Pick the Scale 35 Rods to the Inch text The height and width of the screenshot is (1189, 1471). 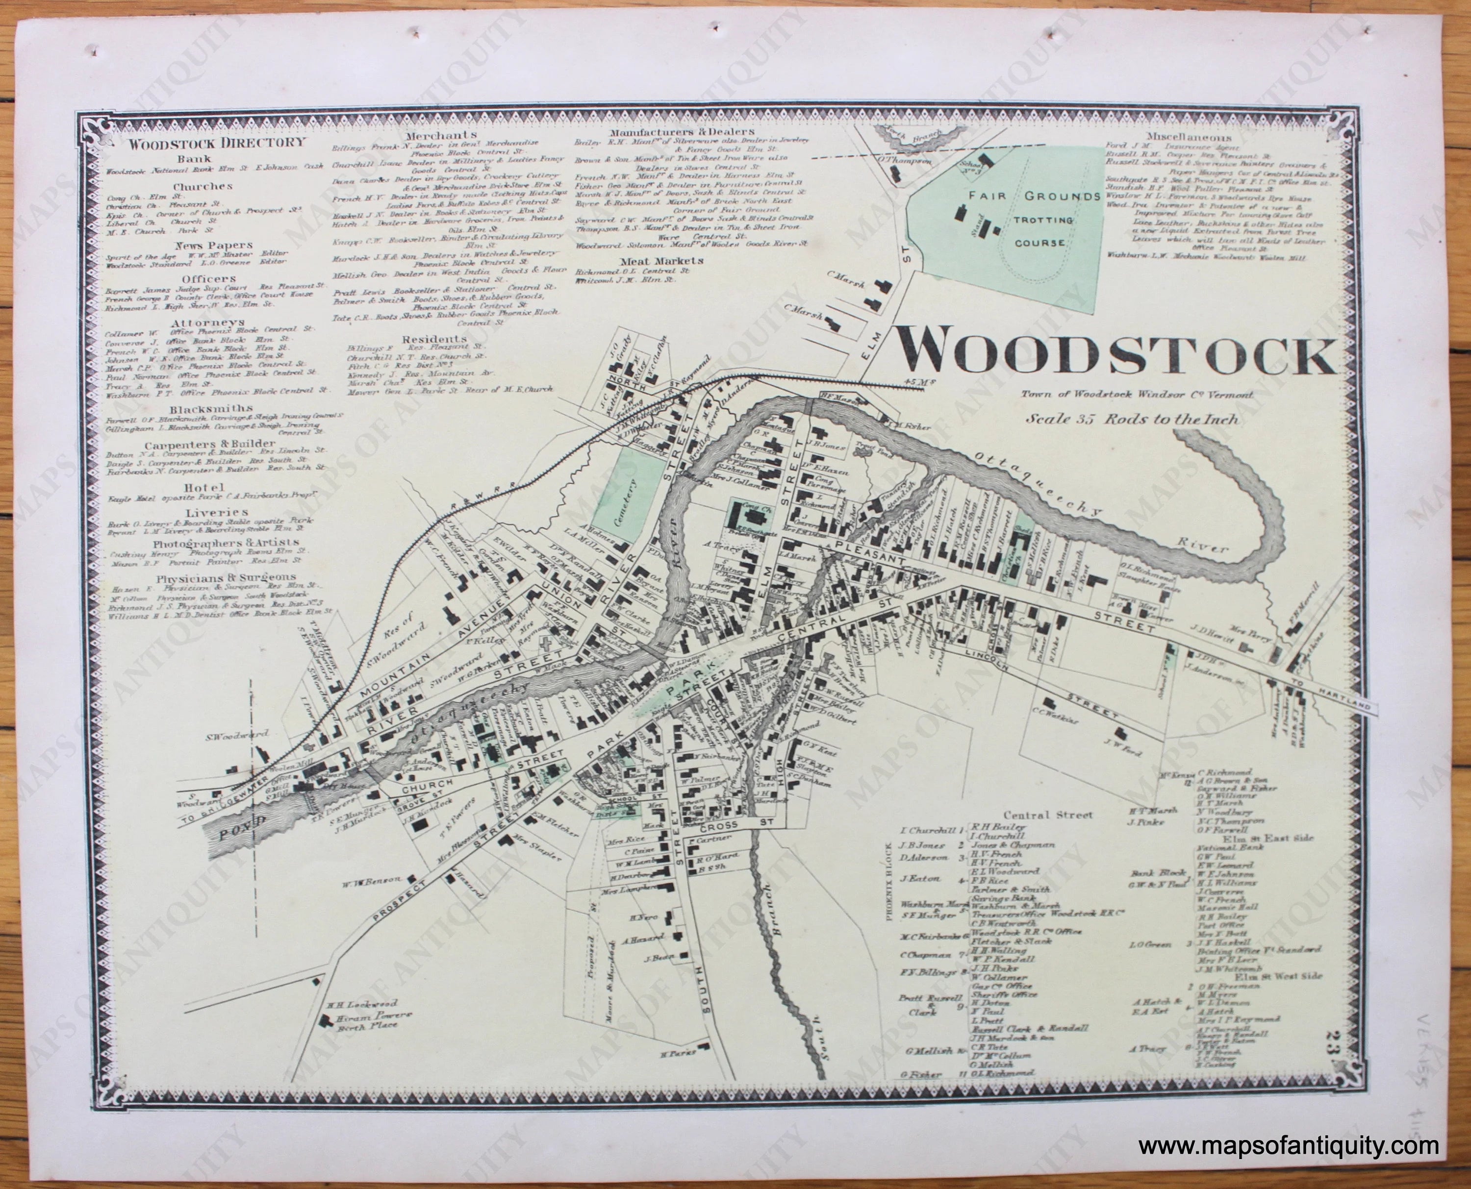(1132, 419)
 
